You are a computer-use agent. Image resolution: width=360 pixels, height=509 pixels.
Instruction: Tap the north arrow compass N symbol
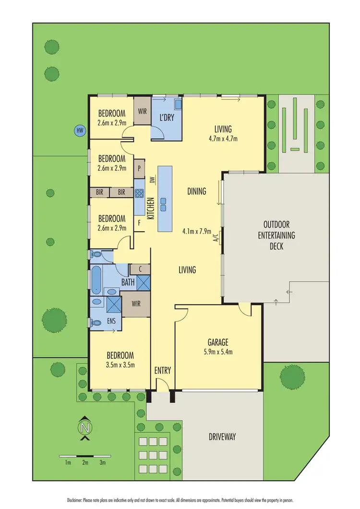tap(85, 427)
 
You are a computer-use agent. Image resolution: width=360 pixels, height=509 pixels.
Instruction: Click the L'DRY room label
tap(167, 118)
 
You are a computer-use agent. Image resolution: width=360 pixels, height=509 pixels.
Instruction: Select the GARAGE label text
tap(217, 343)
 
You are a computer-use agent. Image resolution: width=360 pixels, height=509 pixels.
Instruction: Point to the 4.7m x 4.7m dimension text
tap(223, 139)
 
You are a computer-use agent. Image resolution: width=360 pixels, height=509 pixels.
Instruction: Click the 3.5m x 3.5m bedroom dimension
tap(120, 365)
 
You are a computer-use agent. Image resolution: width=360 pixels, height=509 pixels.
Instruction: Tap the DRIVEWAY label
tap(222, 437)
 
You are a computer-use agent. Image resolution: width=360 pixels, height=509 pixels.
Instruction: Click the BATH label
tap(128, 283)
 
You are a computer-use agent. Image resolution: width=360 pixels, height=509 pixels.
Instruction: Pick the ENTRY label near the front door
tap(163, 370)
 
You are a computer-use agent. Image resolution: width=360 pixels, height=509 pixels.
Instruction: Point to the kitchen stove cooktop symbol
tap(139, 193)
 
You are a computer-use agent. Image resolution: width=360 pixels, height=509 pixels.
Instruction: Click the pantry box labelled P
tap(139, 168)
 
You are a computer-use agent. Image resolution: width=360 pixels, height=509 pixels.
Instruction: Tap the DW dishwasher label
tap(152, 180)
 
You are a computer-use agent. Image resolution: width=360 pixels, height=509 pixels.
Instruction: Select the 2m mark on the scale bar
tap(85, 462)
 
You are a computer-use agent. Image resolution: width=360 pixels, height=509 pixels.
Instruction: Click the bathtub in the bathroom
tap(96, 280)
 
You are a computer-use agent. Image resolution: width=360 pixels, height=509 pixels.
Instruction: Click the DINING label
tap(196, 191)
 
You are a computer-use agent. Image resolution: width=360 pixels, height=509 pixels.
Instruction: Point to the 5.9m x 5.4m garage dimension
tap(217, 352)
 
